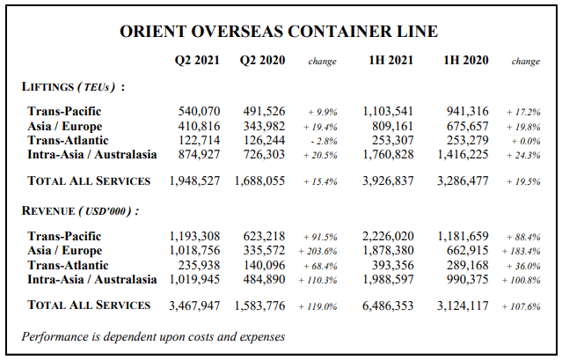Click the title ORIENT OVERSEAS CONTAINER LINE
tap(279, 32)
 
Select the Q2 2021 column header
tap(197, 60)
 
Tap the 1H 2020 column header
tap(466, 60)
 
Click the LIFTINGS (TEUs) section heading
tap(74, 87)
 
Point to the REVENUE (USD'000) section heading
tap(81, 210)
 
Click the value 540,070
tap(199, 111)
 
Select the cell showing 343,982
tap(264, 126)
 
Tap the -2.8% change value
tap(324, 141)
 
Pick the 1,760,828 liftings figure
tap(388, 155)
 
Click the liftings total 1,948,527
tap(194, 180)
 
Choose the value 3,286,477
tap(463, 180)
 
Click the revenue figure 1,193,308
tap(194, 236)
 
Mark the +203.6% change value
tap(317, 252)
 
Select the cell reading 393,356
tap(393, 265)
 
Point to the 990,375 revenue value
tap(468, 279)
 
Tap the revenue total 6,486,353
tap(388, 305)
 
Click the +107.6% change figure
tap(522, 306)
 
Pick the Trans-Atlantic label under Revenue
tap(68, 265)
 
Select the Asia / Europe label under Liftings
tap(65, 126)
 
